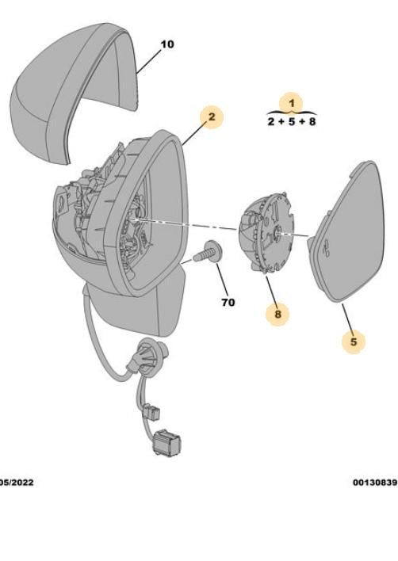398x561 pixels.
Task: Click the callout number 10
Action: (167, 44)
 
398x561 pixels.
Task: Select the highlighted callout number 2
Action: (212, 117)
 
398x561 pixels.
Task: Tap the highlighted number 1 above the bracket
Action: (292, 103)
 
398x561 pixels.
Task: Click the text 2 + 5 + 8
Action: (292, 122)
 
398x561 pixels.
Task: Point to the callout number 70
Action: (228, 303)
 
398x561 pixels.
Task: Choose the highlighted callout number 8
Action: (277, 315)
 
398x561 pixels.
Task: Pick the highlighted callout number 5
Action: (354, 342)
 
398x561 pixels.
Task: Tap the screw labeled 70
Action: (208, 253)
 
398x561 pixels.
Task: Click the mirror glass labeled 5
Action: (347, 232)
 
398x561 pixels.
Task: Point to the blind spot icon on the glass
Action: (326, 248)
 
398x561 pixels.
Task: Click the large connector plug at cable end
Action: (166, 442)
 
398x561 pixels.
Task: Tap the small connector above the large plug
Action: (153, 411)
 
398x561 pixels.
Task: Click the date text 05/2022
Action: (17, 483)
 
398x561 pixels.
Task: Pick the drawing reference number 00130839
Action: (375, 483)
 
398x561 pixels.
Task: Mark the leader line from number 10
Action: (149, 61)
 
